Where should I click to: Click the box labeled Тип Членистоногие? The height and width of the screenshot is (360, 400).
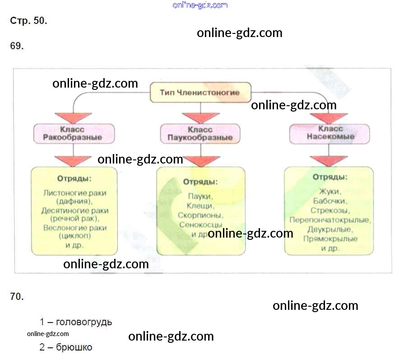(200, 93)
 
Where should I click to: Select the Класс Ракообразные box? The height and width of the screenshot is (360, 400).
(74, 133)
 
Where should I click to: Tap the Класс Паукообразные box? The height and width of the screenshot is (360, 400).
(200, 134)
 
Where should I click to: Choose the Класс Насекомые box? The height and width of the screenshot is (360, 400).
(329, 134)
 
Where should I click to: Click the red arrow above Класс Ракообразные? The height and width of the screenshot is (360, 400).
(73, 118)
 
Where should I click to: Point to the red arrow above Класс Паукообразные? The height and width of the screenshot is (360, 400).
(200, 118)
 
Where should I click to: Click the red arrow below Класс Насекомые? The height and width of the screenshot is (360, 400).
(329, 161)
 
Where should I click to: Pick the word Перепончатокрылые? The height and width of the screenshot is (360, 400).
(329, 220)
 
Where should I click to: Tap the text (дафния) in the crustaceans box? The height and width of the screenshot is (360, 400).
(74, 201)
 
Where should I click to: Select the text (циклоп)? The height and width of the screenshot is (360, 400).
(75, 236)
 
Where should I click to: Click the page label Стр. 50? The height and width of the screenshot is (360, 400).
(28, 21)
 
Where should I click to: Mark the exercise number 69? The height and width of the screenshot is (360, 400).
(17, 46)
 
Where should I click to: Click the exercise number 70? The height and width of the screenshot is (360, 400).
(17, 297)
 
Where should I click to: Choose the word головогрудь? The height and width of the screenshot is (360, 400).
(84, 323)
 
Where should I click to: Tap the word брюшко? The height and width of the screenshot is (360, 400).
(74, 347)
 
